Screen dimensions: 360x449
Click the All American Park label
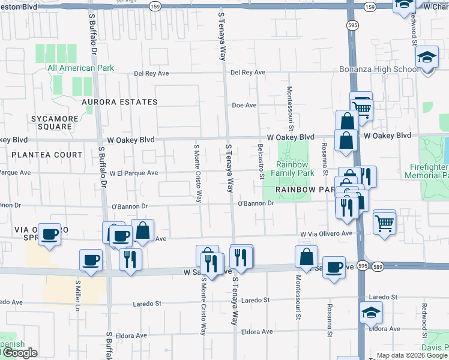click(80, 68)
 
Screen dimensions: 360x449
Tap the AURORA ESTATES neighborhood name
click(119, 102)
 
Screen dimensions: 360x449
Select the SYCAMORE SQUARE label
click(55, 123)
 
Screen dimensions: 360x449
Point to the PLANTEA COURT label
click(47, 155)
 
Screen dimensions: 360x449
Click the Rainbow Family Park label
click(295, 169)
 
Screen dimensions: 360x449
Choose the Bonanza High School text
click(379, 70)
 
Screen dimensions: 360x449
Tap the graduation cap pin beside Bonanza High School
click(427, 58)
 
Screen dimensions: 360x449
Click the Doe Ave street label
click(244, 106)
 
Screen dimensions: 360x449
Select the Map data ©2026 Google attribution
click(412, 355)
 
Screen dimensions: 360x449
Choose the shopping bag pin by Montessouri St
click(306, 256)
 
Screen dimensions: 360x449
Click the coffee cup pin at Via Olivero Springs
click(50, 233)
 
